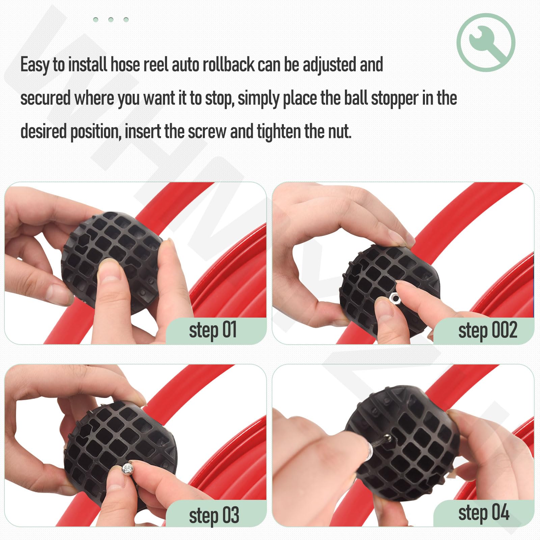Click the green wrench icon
[x=486, y=43]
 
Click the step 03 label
[x=214, y=515]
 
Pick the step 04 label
[x=484, y=513]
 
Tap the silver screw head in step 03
[x=128, y=468]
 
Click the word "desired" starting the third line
[x=44, y=132]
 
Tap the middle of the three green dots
[x=111, y=20]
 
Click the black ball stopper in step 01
[x=111, y=260]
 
